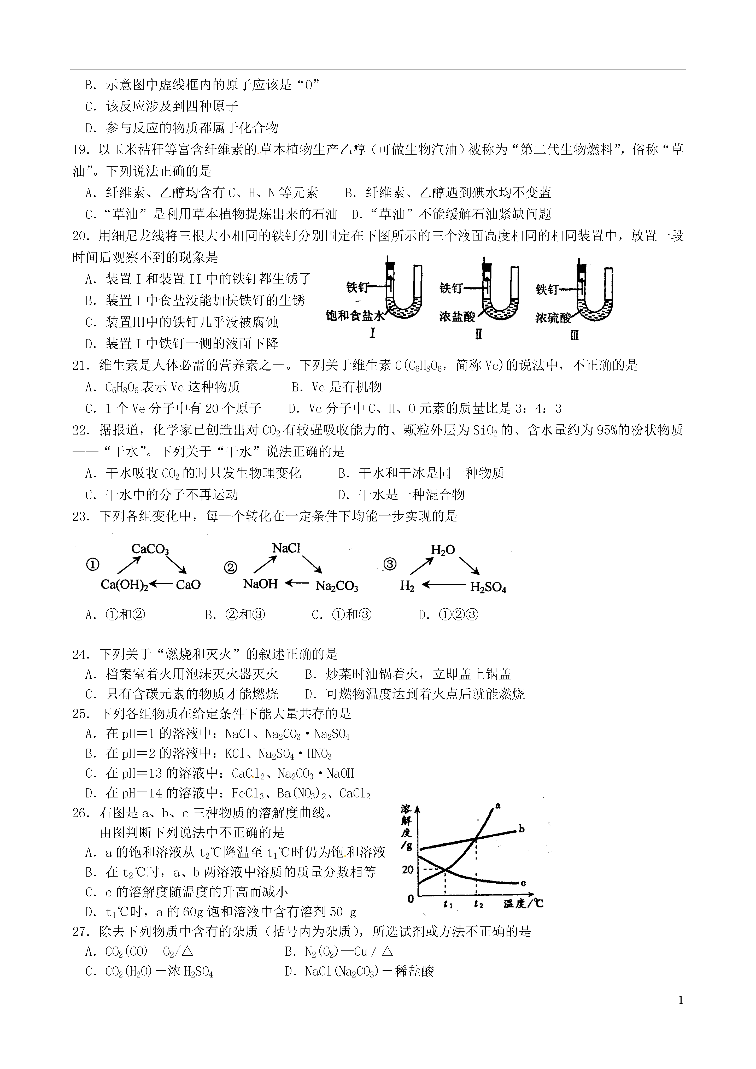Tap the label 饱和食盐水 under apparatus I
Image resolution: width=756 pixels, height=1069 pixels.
tap(355, 316)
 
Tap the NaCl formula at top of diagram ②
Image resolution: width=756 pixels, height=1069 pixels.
tap(286, 548)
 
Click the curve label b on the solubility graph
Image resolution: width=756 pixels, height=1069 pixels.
tap(521, 829)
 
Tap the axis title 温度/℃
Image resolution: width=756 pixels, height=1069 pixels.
tap(523, 904)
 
